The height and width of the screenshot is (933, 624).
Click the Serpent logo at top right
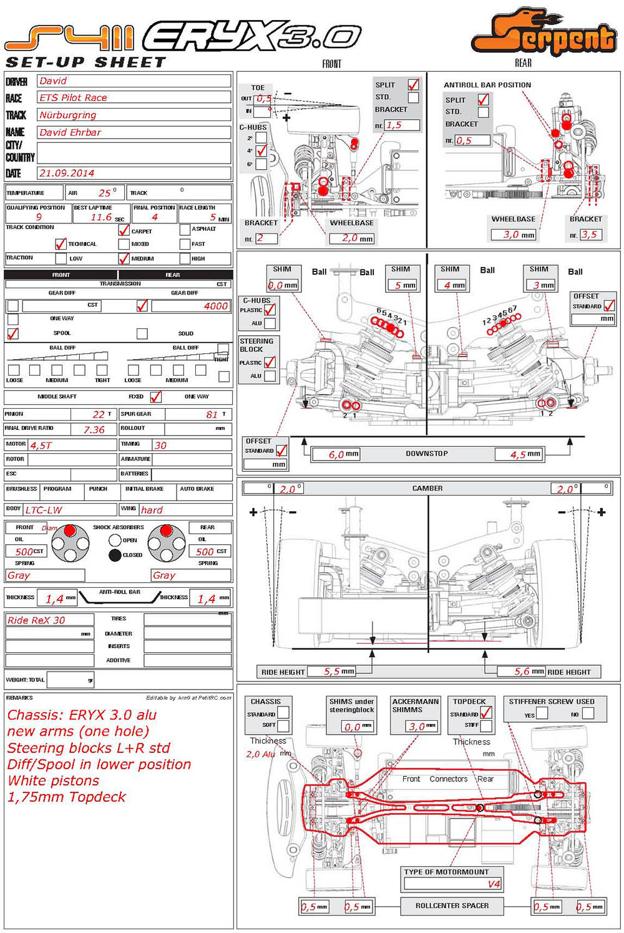point(543,34)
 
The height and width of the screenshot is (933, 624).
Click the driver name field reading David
point(54,81)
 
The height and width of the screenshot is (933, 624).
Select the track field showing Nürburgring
point(68,115)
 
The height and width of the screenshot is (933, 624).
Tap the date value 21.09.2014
point(67,173)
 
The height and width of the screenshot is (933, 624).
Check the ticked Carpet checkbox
point(124,230)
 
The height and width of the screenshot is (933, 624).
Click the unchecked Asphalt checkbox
point(185,230)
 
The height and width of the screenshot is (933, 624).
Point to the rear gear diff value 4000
point(215,306)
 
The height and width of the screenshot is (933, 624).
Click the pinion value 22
point(99,414)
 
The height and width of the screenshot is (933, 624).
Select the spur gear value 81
point(212,414)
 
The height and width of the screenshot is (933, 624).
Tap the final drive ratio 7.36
point(94,430)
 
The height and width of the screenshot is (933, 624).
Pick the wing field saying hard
point(152,510)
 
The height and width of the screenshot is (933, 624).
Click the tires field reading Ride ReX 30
point(36,620)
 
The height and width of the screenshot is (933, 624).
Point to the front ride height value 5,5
point(331,672)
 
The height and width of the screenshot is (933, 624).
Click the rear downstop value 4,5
point(518,455)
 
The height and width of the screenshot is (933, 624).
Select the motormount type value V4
point(494,884)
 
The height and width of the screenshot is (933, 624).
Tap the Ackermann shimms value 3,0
point(416,726)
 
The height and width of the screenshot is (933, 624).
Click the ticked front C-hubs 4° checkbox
point(261,151)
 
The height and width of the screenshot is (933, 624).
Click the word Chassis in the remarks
point(36,715)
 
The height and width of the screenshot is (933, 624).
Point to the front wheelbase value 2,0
point(350,238)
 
